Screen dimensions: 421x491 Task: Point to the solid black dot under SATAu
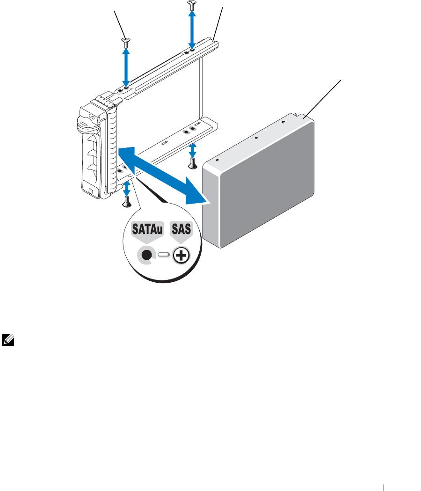(146, 255)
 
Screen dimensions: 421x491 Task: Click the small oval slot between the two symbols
(163, 255)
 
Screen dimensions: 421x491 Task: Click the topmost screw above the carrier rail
(191, 6)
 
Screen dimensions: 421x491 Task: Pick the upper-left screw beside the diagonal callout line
(125, 42)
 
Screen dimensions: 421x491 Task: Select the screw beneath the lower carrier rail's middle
(191, 163)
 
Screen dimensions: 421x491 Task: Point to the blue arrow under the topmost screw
(191, 28)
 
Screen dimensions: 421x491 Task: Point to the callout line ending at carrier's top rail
(218, 21)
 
